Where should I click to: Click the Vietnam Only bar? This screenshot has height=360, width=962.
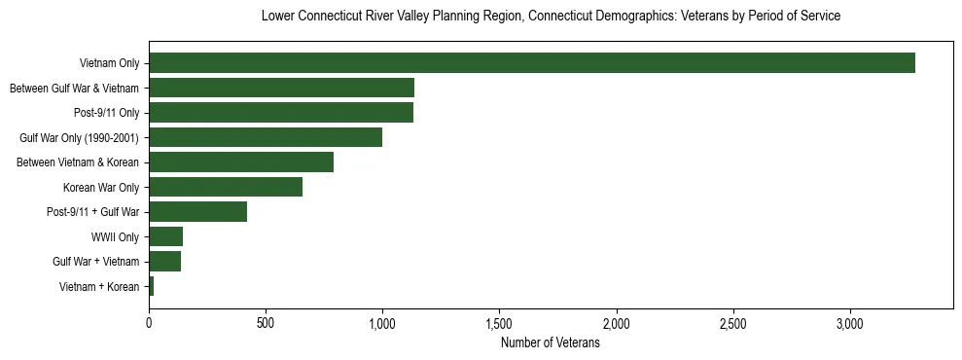[532, 63]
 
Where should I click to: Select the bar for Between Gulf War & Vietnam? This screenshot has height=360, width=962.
[282, 89]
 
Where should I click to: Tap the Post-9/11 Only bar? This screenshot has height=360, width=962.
[281, 113]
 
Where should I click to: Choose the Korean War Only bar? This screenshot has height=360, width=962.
[226, 187]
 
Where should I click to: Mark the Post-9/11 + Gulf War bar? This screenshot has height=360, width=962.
[198, 212]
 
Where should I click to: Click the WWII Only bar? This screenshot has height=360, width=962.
[166, 236]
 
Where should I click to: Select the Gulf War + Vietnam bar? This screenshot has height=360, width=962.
[165, 262]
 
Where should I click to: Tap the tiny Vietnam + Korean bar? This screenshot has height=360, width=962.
[152, 286]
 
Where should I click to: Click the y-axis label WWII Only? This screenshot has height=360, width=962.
[115, 237]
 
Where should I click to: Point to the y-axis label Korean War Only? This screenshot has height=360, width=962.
[101, 188]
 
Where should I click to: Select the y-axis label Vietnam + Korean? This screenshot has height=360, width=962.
[98, 287]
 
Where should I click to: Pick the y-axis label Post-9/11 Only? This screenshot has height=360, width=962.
[106, 114]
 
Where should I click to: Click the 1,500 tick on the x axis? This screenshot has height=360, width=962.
[499, 322]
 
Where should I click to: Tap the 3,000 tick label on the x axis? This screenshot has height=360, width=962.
[850, 322]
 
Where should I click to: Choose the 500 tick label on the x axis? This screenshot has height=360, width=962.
[266, 322]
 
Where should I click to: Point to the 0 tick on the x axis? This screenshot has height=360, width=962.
[149, 322]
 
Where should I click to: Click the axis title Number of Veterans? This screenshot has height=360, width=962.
[551, 343]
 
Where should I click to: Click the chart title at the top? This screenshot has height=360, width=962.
[551, 17]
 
